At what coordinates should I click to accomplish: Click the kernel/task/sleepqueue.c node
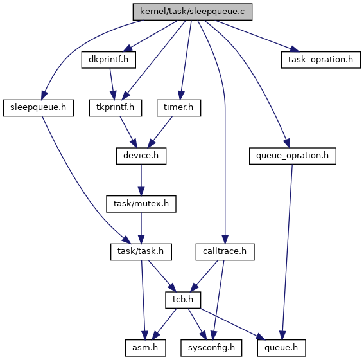193,12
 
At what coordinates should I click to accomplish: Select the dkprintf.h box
108,60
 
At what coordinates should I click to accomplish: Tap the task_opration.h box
321,60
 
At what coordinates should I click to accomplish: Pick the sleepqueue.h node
39,108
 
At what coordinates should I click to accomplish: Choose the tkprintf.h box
116,108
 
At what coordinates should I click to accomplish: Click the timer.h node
178,108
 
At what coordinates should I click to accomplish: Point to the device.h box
141,156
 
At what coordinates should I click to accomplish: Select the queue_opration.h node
293,156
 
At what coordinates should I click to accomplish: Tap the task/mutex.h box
141,204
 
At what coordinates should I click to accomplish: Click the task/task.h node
141,252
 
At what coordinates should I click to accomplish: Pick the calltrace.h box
225,252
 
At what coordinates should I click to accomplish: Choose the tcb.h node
183,300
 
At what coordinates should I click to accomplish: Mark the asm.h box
145,348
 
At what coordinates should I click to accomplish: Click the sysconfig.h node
211,348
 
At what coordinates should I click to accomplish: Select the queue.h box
281,348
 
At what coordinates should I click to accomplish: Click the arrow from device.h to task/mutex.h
141,180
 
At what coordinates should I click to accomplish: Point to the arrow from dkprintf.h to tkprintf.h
112,84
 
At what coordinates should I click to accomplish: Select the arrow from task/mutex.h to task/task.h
141,228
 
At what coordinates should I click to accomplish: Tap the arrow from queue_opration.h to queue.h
287,252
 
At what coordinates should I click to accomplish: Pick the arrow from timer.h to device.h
160,132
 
